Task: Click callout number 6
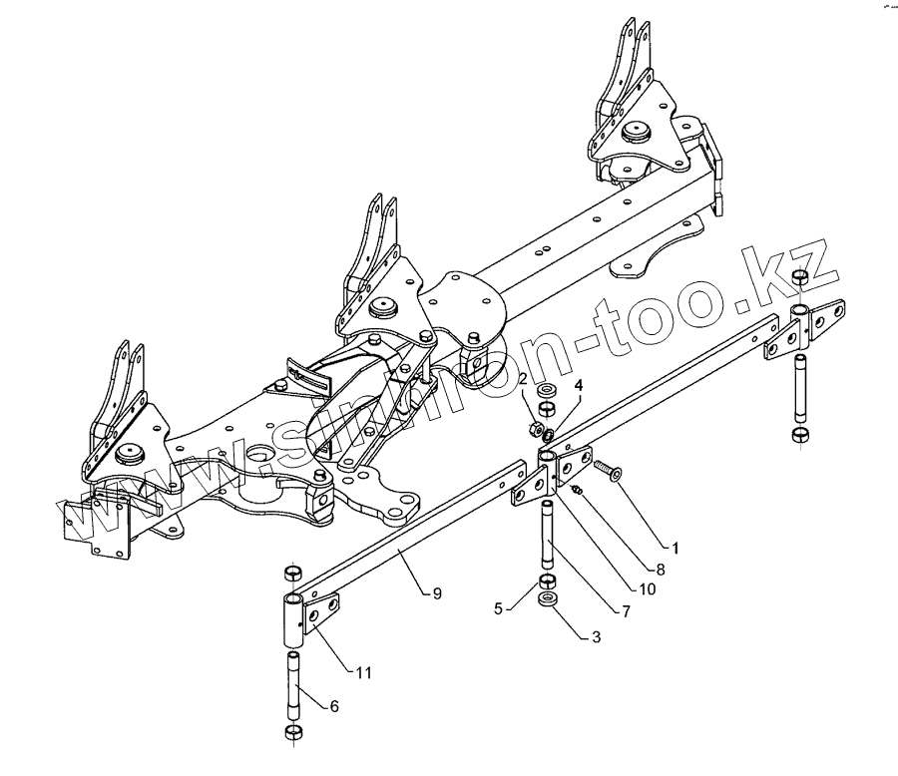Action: click(333, 706)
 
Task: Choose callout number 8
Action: click(660, 569)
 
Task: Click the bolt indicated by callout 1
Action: click(607, 468)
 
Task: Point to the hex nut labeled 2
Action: click(535, 431)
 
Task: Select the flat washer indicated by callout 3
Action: click(548, 600)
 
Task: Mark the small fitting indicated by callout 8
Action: click(577, 488)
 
